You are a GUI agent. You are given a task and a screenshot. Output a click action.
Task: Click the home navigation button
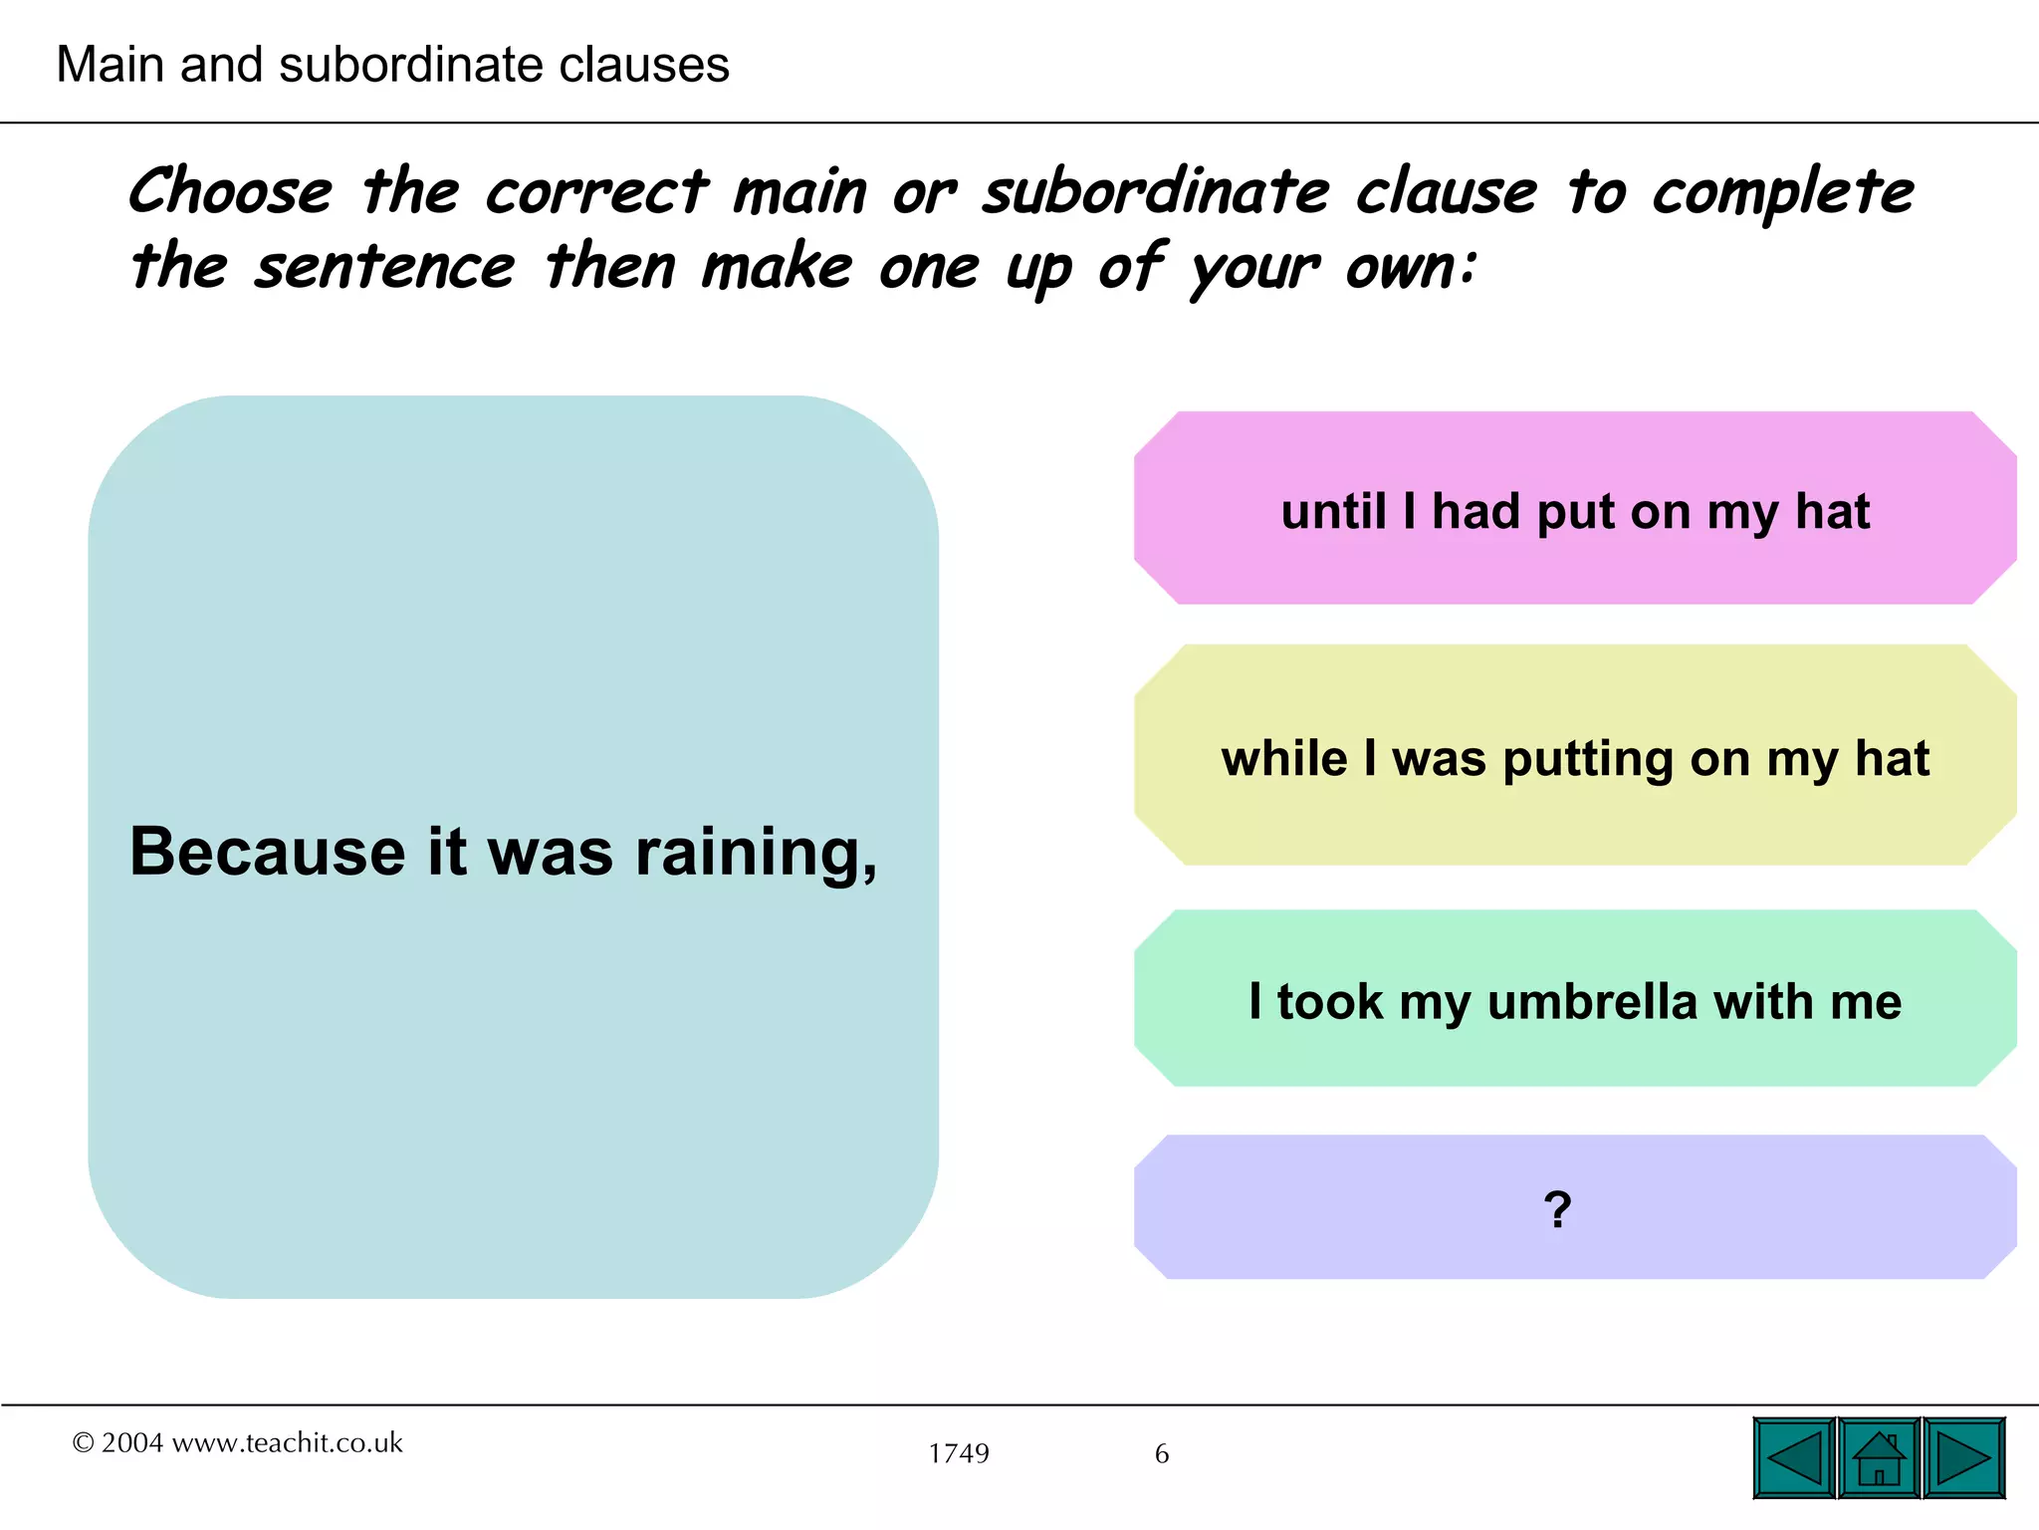[1879, 1459]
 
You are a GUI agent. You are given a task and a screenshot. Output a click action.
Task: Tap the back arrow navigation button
[1794, 1459]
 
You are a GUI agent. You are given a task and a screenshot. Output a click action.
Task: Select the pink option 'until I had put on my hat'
[1575, 510]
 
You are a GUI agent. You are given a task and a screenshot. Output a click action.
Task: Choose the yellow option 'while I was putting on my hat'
[1575, 757]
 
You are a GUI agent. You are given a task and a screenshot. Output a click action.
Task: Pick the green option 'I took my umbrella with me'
[1575, 1000]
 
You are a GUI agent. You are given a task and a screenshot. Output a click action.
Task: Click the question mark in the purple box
[1558, 1209]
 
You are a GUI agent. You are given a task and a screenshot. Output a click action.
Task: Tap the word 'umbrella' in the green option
[1592, 1001]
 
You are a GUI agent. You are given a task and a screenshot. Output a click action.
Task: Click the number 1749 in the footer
[959, 1453]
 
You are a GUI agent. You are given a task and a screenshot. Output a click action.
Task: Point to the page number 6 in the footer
[1162, 1453]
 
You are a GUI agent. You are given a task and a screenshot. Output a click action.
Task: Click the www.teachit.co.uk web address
[288, 1442]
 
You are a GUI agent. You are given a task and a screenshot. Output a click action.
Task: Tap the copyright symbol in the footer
[83, 1442]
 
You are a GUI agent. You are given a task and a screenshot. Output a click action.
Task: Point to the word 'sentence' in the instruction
[384, 267]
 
